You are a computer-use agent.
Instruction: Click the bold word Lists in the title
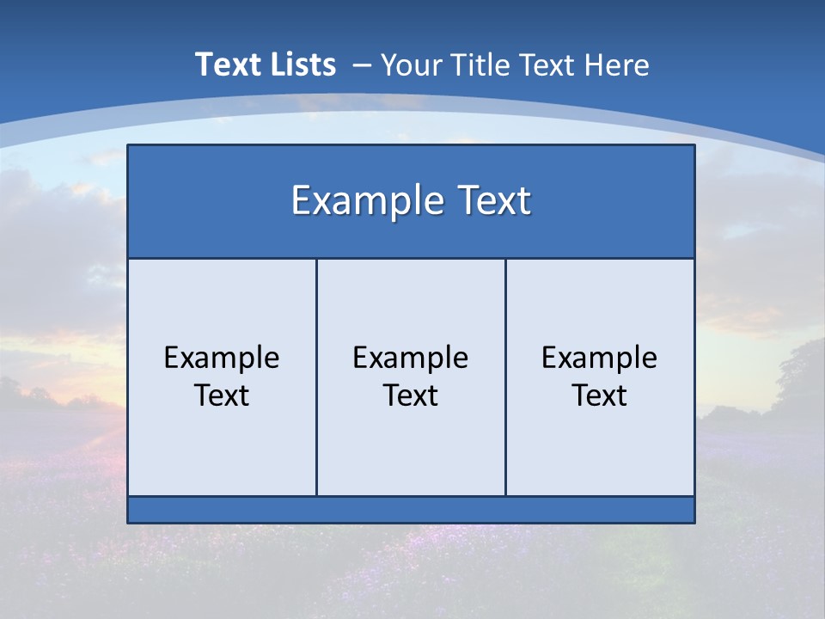point(303,64)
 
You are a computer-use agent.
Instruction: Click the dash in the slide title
point(361,65)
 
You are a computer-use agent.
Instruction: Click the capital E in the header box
point(300,200)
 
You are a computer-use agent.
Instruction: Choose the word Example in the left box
point(222,358)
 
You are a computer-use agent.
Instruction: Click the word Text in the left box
point(222,395)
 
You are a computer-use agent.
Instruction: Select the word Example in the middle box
point(411,358)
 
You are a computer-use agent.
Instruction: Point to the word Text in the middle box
point(411,395)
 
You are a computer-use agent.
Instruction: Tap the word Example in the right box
point(600,358)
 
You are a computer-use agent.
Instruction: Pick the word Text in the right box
point(600,395)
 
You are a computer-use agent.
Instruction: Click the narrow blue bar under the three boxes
point(411,510)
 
